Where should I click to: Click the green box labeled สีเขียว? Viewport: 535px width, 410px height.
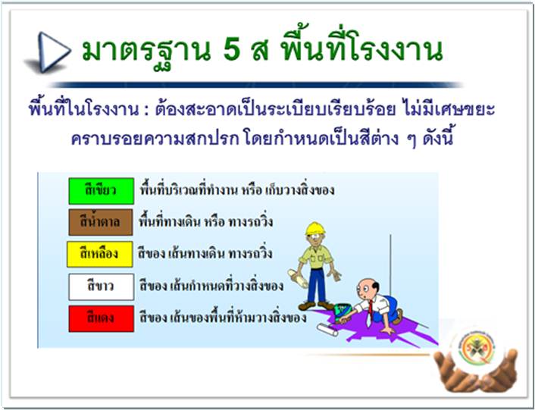click(101, 191)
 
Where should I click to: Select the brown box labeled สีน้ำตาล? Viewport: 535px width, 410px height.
click(101, 222)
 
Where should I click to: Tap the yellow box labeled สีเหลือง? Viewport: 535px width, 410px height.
click(99, 254)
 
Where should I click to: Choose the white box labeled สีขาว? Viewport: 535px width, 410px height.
click(101, 287)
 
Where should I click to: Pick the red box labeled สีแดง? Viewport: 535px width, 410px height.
click(101, 318)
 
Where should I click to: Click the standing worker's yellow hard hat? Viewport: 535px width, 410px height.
click(315, 228)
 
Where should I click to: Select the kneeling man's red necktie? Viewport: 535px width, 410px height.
click(370, 311)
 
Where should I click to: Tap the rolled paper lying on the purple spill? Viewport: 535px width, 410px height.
click(327, 330)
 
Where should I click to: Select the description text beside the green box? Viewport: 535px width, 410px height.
click(237, 190)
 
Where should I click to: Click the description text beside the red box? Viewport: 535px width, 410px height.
click(223, 318)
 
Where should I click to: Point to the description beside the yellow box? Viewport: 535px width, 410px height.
click(205, 254)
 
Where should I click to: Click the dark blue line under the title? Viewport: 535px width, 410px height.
click(257, 85)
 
